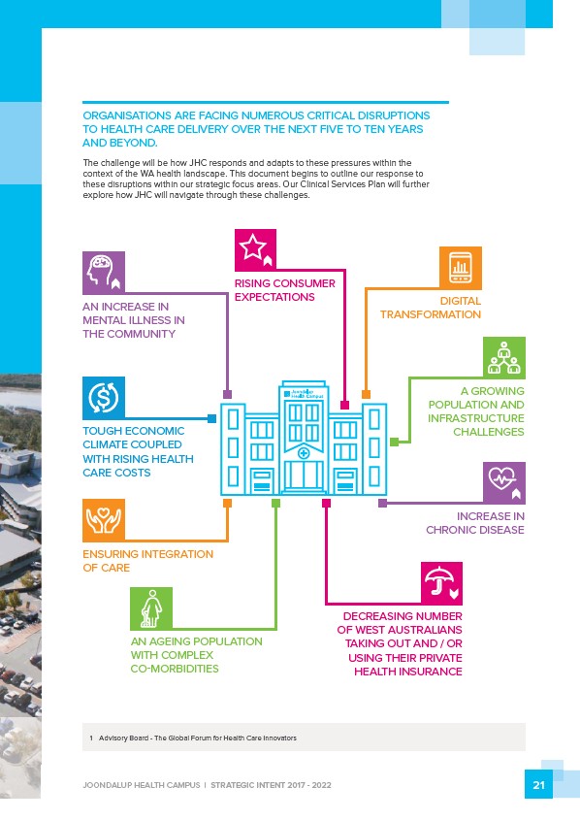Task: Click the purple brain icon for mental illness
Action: tap(104, 273)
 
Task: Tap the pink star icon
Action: tap(255, 249)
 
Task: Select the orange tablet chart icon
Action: tap(460, 268)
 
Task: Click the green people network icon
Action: tap(503, 358)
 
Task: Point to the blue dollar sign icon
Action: tap(104, 398)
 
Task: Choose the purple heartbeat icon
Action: tap(503, 482)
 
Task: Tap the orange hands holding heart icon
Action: tap(104, 520)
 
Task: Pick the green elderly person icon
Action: tap(151, 608)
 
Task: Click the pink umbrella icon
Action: tap(441, 583)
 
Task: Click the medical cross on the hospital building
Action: tap(303, 453)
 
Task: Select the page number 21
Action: tap(538, 784)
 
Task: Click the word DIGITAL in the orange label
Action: tap(461, 301)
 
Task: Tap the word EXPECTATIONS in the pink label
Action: tap(274, 297)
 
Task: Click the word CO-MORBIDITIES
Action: tap(175, 669)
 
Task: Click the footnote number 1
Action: tap(91, 738)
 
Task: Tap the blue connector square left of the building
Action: tap(211, 418)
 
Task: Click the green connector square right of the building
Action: tap(395, 442)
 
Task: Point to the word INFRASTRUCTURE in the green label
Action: tap(476, 418)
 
